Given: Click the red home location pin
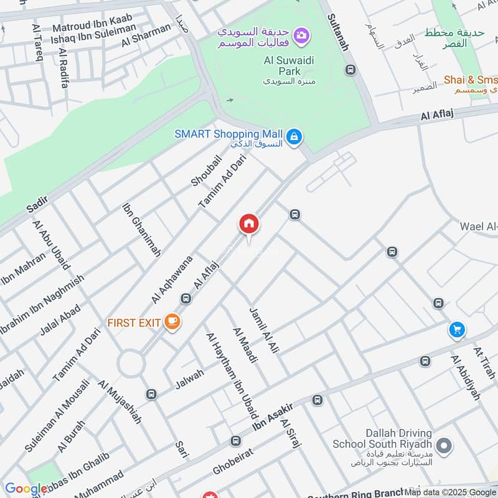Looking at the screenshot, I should click(x=248, y=224).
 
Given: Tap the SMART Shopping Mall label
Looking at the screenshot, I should click(x=228, y=134).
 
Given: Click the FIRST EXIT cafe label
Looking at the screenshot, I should click(x=134, y=322).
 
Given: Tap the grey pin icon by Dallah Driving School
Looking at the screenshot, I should click(x=444, y=446).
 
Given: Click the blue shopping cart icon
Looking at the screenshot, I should click(x=457, y=330).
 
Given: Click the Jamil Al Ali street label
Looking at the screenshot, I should click(x=263, y=331).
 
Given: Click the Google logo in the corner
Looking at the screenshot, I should click(x=26, y=489).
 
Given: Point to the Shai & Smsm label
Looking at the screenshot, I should click(x=471, y=80).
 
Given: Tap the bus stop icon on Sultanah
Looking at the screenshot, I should click(x=351, y=70).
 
